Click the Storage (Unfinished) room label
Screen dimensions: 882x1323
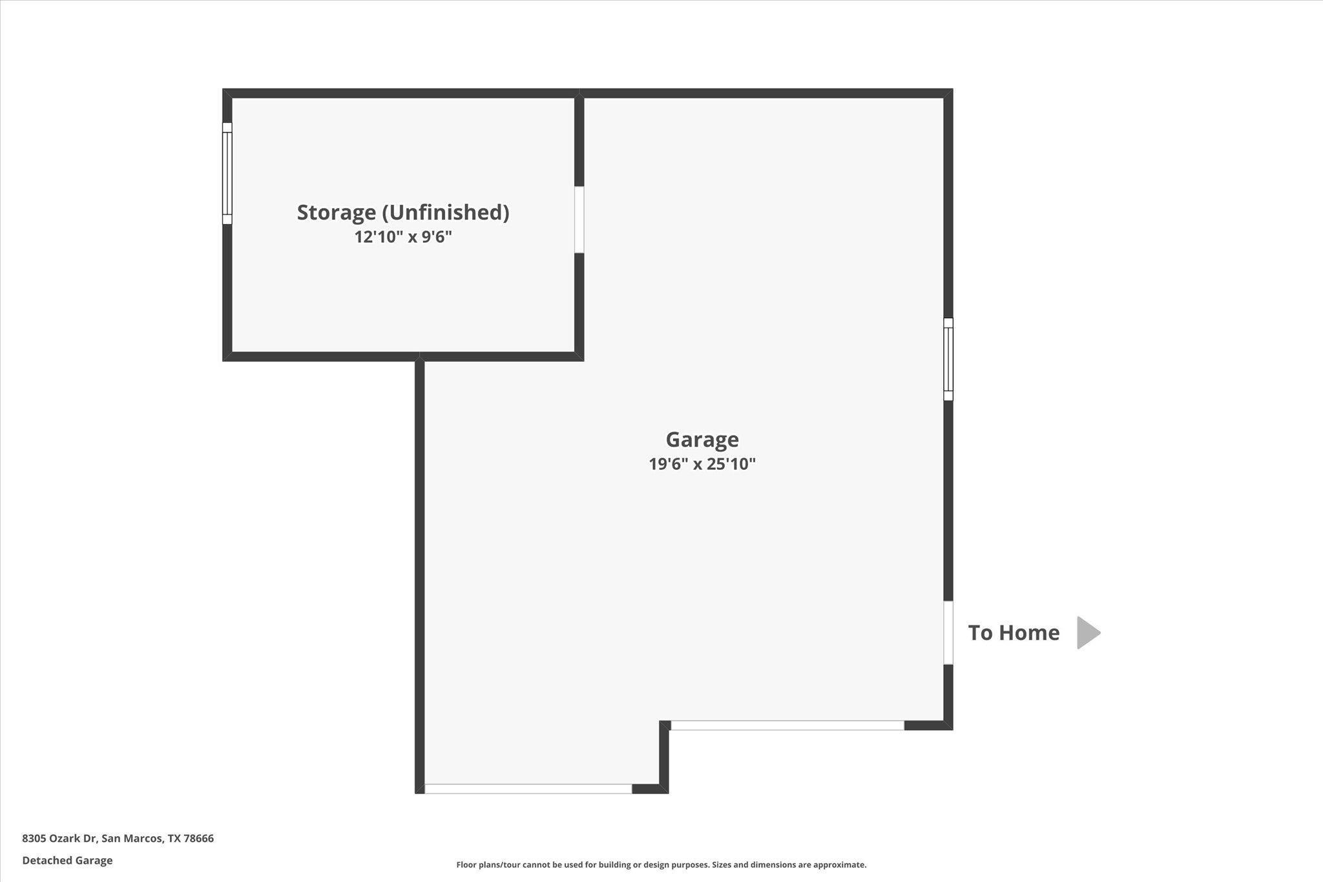click(403, 213)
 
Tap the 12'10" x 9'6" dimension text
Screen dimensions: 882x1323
click(403, 237)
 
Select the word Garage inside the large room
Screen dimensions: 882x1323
click(702, 439)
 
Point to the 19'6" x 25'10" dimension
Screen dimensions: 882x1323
click(702, 464)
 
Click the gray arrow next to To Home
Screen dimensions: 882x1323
click(1088, 633)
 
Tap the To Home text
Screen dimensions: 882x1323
click(1014, 633)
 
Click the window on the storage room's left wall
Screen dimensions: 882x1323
click(227, 173)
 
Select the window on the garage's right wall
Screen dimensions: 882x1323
click(948, 359)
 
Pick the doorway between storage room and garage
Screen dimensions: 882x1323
click(579, 220)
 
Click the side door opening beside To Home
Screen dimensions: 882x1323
click(948, 633)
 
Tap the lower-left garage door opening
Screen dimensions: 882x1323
click(528, 788)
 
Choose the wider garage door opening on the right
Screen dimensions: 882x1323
click(787, 725)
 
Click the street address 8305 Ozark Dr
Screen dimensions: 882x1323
click(59, 839)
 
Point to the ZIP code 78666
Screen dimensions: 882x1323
click(199, 839)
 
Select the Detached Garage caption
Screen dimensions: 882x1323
click(67, 861)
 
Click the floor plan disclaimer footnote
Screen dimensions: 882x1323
click(661, 865)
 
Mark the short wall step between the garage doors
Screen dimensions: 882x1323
click(663, 756)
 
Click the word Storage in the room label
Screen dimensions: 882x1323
click(336, 213)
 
